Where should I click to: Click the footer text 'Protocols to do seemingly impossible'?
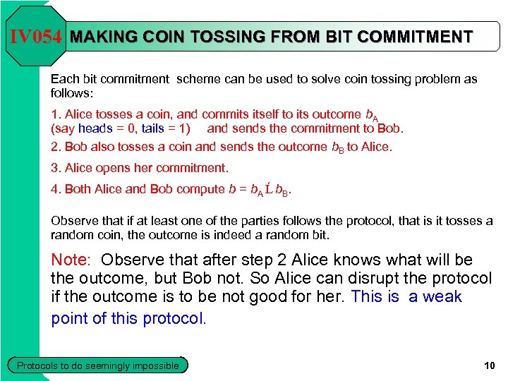click(98, 365)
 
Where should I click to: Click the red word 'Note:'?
click(73, 260)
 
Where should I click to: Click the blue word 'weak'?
click(442, 297)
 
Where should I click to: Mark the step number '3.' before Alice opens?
click(56, 168)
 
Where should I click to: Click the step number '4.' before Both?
click(56, 189)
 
